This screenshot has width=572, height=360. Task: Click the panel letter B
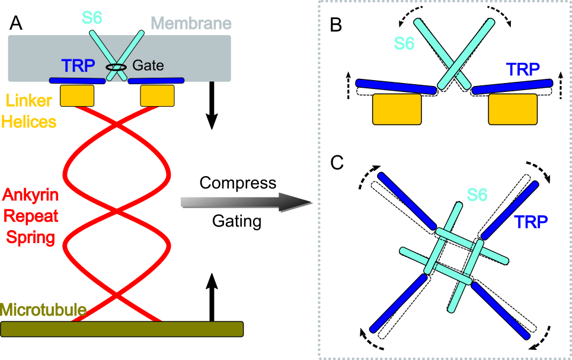coord(335,26)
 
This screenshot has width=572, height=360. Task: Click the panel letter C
coord(337,163)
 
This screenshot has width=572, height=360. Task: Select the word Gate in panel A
coord(148,65)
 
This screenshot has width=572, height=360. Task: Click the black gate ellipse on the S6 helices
coord(116,68)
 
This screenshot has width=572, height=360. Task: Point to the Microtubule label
coord(43,310)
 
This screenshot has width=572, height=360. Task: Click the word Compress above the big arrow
coord(238,182)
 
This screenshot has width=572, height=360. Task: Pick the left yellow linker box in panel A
coord(77,95)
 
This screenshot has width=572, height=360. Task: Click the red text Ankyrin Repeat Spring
coord(30,216)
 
